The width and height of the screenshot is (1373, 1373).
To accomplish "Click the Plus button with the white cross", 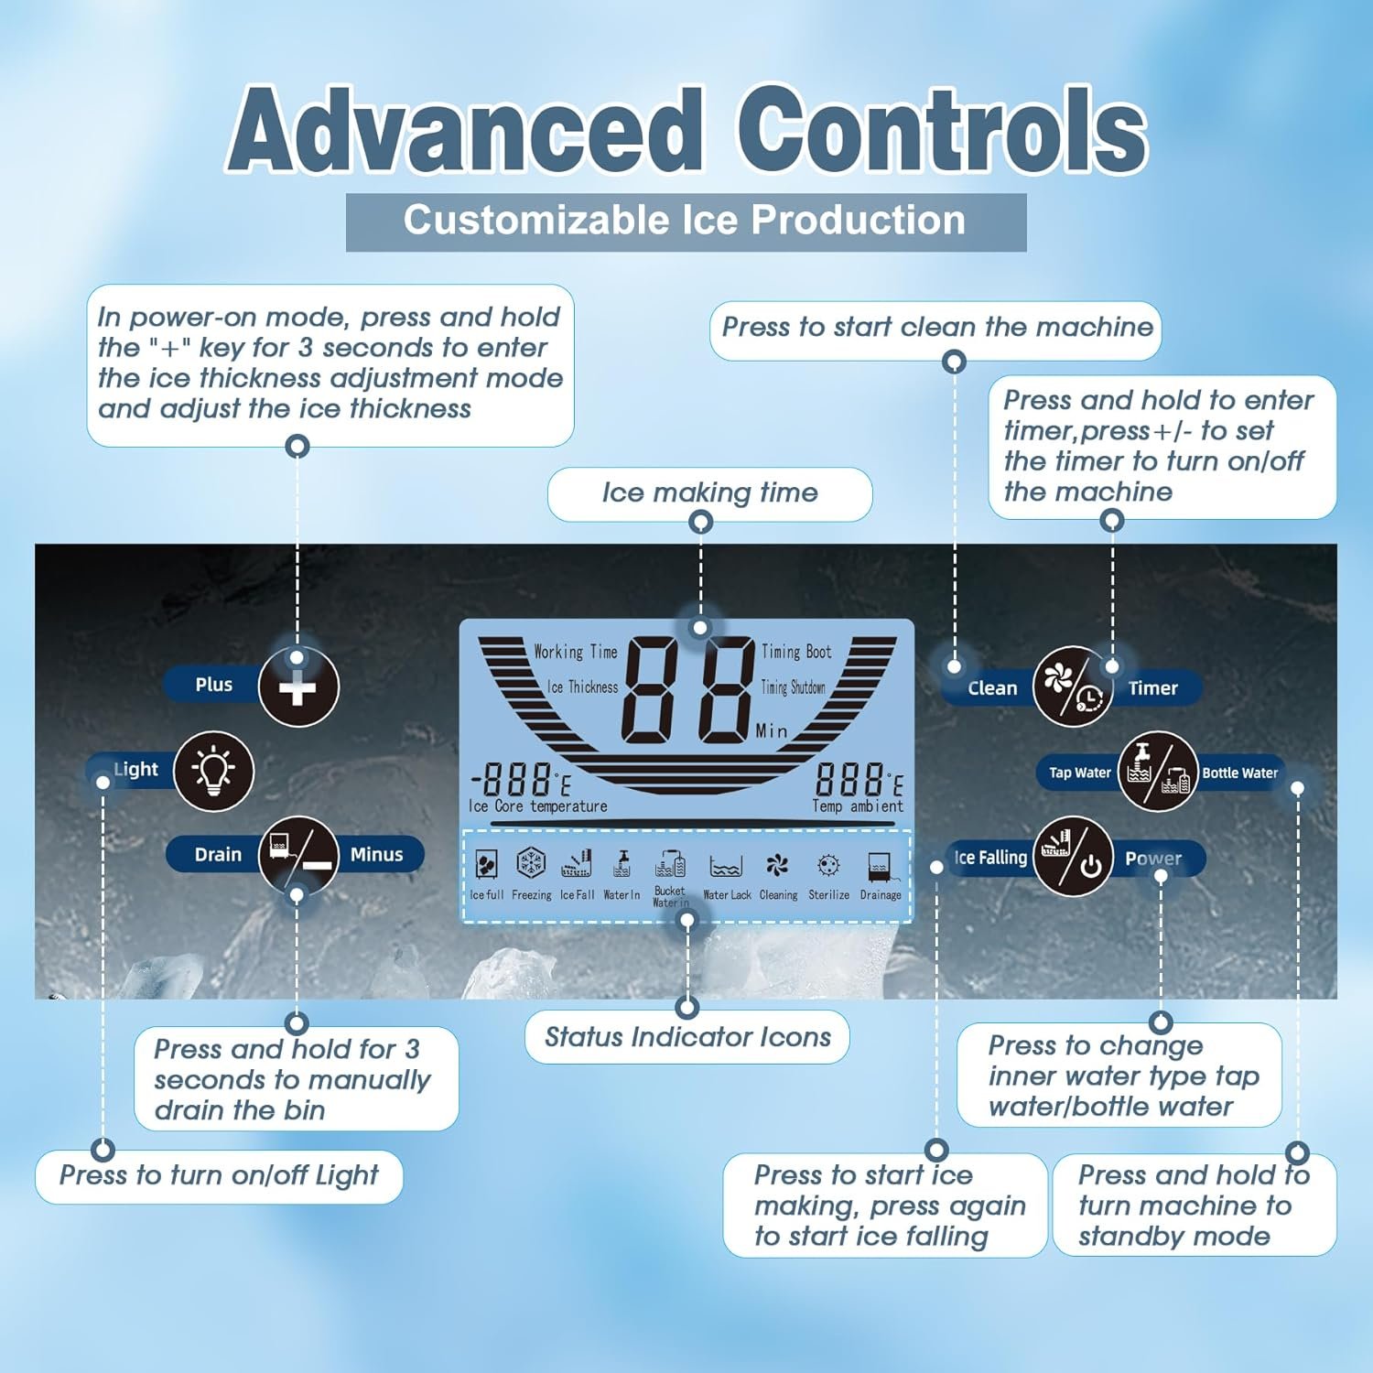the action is [298, 686].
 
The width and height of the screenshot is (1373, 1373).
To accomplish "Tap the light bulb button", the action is [213, 771].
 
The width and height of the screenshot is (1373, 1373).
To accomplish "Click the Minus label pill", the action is [377, 854].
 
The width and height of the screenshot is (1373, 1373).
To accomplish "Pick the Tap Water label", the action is [1080, 773].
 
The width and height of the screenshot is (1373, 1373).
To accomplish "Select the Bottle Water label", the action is [1239, 773].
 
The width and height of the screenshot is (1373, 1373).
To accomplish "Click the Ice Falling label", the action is [990, 858].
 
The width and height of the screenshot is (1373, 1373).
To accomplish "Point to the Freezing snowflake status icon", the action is [531, 862].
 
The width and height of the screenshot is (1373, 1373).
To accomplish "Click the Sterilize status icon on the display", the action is [828, 865].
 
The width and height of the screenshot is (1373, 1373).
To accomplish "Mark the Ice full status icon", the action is [486, 863].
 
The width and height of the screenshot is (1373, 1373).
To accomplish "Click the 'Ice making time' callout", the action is [709, 493].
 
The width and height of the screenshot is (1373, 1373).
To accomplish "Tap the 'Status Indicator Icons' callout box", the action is [687, 1037].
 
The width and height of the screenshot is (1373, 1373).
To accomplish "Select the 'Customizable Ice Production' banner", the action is [686, 222].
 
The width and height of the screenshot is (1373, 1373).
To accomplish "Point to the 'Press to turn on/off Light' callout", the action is [219, 1176].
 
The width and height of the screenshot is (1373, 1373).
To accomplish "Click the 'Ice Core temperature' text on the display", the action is [538, 806].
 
